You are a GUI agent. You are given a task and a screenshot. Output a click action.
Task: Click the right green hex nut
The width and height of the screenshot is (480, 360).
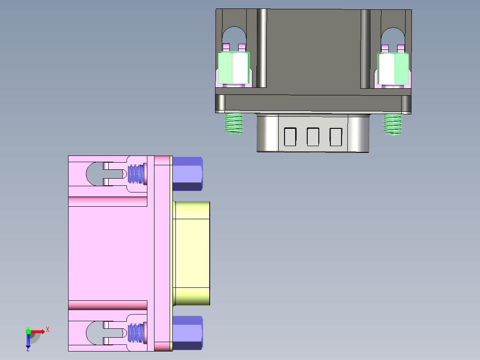pyautogui.click(x=393, y=68)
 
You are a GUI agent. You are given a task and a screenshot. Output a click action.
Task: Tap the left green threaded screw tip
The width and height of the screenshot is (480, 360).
pyautogui.click(x=234, y=123)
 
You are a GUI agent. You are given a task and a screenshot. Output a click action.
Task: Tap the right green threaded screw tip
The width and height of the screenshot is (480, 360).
pyautogui.click(x=393, y=123)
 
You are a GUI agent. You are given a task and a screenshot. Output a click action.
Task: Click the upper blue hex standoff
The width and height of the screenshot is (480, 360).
pyautogui.click(x=187, y=174)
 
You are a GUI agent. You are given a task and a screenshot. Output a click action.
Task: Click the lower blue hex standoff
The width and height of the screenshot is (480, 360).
pyautogui.click(x=187, y=332)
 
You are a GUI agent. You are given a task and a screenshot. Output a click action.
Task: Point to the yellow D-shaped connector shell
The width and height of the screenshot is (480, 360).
pyautogui.click(x=191, y=253)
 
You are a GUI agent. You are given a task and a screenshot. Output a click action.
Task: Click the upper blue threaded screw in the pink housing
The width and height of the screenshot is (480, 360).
pyautogui.click(x=137, y=174)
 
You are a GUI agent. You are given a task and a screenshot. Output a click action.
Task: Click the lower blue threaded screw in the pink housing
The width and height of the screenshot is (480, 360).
pyautogui.click(x=137, y=333)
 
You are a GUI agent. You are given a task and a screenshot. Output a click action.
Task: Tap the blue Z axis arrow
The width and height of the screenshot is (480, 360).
pyautogui.click(x=28, y=341)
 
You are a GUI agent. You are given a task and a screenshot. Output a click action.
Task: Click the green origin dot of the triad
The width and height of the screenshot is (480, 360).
pyautogui.click(x=28, y=331)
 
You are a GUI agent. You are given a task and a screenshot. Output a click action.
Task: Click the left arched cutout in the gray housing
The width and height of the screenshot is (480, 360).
pyautogui.click(x=233, y=36)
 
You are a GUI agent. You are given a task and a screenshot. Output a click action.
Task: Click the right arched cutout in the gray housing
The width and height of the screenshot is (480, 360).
pyautogui.click(x=393, y=36)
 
